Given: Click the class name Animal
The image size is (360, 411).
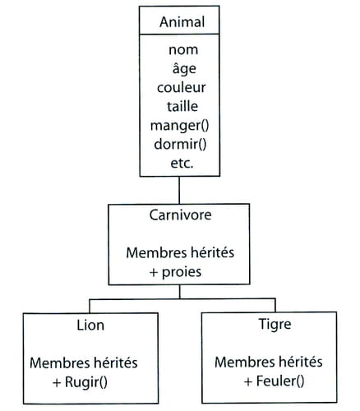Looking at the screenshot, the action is tap(182, 22).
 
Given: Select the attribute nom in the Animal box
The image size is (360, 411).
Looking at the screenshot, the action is tap(183, 50).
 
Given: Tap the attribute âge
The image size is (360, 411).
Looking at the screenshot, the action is tap(184, 68).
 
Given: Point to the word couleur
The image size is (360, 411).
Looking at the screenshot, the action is tap(181, 88).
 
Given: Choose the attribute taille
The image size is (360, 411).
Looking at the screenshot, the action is tap(182, 106).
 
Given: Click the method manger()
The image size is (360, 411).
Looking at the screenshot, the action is tap(180, 126).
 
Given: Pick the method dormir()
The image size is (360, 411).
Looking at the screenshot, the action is tap(180, 145).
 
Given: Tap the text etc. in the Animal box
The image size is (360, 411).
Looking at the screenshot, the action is tap(182, 164).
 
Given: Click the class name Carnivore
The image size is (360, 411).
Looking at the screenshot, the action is tap(180, 215).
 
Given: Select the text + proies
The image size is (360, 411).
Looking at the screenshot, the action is tap(175, 272).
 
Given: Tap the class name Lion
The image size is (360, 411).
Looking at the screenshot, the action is tap(90, 326).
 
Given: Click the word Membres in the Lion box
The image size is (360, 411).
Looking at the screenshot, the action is tap(59, 363).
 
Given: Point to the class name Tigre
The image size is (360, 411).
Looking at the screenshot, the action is tap(275, 325).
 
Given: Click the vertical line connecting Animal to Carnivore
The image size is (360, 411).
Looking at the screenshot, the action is tap(179, 190).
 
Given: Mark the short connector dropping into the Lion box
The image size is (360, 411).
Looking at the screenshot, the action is tap(90, 306).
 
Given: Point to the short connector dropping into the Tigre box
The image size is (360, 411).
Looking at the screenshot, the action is tap(275, 305).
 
